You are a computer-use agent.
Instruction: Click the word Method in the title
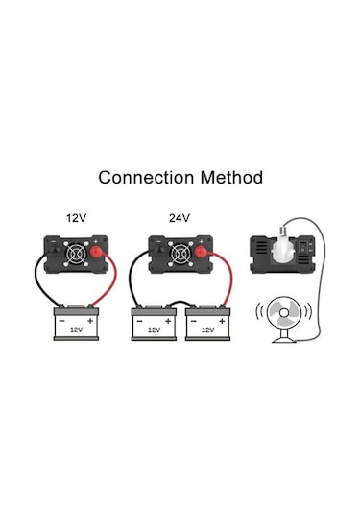(228, 178)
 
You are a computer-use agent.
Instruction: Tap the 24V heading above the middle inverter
(179, 218)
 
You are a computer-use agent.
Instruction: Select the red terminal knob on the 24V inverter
(203, 255)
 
